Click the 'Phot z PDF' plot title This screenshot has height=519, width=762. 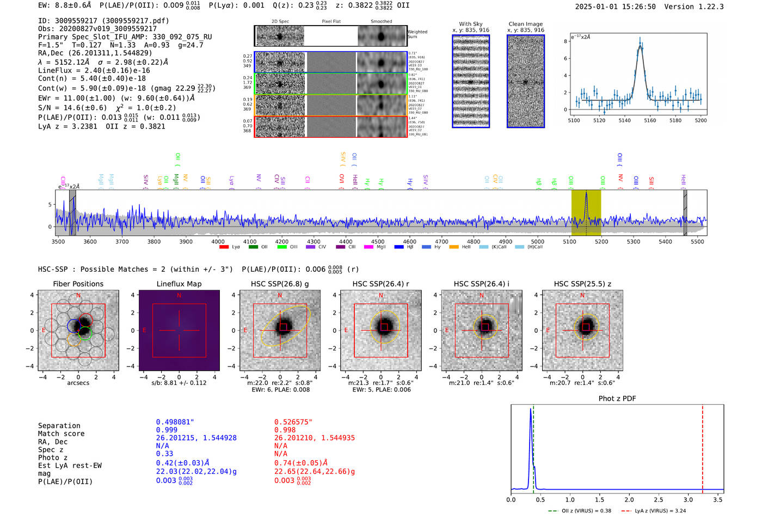pos(617,399)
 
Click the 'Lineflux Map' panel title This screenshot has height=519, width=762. pos(179,284)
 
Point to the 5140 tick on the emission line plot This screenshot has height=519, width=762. pos(624,120)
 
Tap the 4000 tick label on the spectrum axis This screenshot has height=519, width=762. pos(218,242)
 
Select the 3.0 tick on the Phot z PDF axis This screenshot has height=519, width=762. pos(688,499)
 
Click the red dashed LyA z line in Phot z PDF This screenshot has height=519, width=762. pos(703,447)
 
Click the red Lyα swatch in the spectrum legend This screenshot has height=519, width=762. pos(224,247)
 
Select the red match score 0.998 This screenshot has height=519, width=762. pos(285,430)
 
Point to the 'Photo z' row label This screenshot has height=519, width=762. pos(53,457)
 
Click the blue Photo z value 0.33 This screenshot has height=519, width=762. pos(164,454)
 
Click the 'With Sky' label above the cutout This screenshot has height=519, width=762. pos(471,24)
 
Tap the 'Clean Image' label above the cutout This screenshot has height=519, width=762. pos(526,24)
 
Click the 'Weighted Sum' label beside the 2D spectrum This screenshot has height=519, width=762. pos(417,34)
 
